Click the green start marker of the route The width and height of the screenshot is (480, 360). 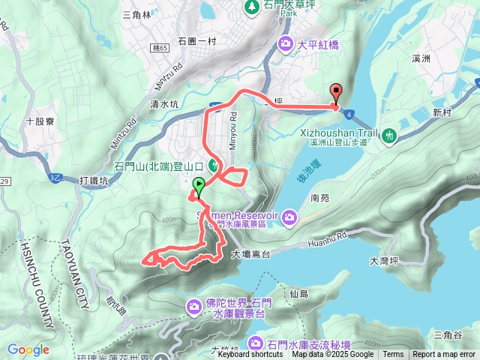point(199,186)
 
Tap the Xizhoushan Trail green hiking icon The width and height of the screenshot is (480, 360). point(388,136)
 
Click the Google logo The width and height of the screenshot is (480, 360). point(28,349)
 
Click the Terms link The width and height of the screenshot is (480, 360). point(393,355)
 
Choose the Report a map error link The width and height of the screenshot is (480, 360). point(445,355)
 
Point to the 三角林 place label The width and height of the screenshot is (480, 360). point(136,13)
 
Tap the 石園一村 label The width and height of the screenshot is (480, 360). point(196,41)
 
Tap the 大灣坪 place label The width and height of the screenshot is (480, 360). point(385,261)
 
